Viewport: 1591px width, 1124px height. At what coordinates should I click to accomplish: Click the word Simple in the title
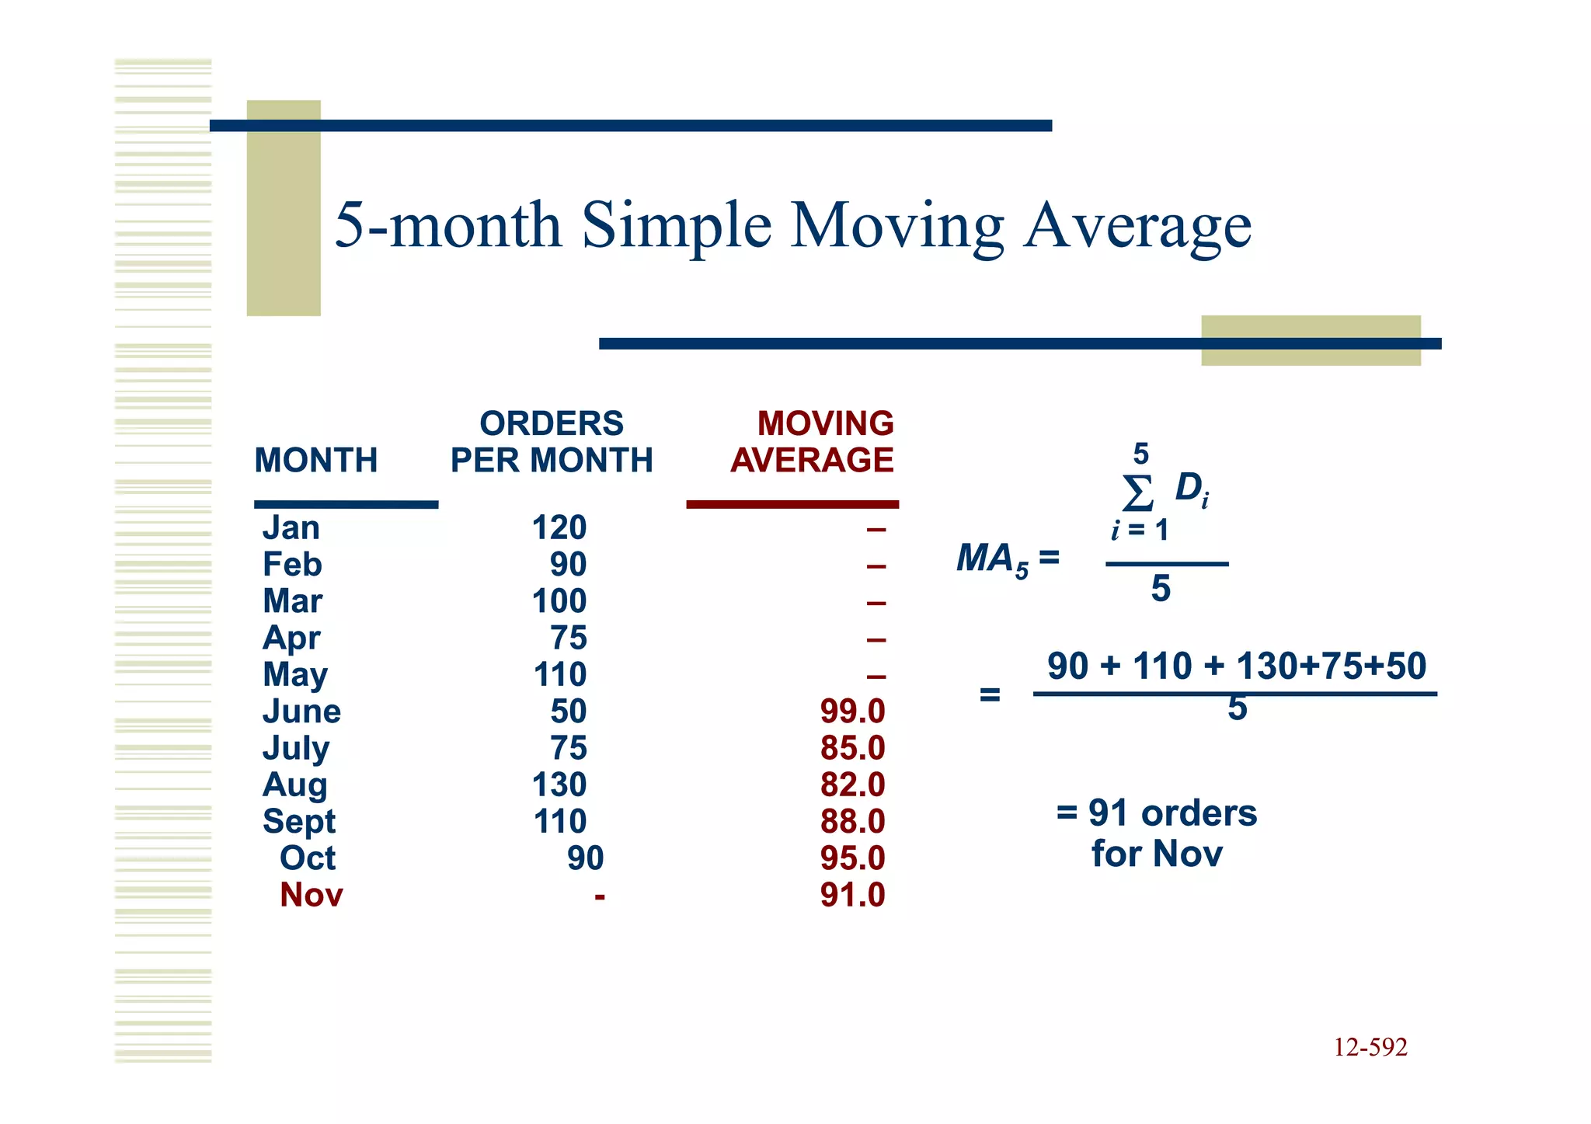coord(677,225)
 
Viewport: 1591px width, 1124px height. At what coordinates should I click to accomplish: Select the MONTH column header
coord(315,461)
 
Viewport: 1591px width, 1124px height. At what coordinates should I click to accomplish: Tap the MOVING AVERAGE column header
coord(813,442)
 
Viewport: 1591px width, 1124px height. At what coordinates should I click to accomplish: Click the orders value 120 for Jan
coord(559,528)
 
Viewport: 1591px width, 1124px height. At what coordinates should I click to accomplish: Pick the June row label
coord(301,712)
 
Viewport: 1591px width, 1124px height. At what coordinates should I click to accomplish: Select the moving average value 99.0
coord(852,712)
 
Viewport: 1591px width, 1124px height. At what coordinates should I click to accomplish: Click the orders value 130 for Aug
coord(559,785)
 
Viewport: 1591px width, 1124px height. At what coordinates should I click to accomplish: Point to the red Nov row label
coord(311,895)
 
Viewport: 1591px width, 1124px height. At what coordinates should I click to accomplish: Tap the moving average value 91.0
coord(852,895)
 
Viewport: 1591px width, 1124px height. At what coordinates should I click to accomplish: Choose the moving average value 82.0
coord(852,785)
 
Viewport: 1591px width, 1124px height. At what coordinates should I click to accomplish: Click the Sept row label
coord(299,822)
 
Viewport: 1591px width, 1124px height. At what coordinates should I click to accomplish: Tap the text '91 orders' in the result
coord(1172,813)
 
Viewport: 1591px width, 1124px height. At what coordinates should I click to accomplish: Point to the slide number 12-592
coord(1370,1047)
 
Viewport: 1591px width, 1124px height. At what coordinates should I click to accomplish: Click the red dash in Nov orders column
coord(599,896)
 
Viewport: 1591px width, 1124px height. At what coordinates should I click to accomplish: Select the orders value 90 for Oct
coord(585,858)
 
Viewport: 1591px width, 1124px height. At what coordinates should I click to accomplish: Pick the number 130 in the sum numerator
coord(1268,666)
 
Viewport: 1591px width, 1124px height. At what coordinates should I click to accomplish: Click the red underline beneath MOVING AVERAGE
coord(792,505)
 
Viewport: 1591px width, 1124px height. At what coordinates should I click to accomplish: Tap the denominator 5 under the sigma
coord(1161,589)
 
